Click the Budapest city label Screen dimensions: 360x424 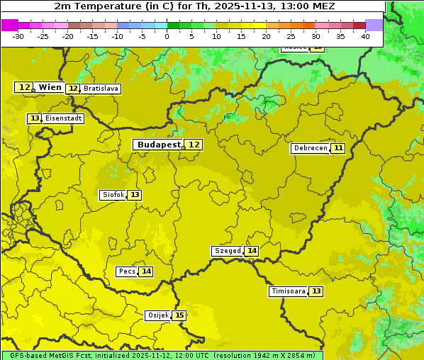coord(159,145)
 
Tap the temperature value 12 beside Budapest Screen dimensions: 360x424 coord(194,145)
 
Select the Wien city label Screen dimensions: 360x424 coord(50,87)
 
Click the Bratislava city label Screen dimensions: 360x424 coord(100,89)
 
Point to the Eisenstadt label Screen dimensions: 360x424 coord(63,118)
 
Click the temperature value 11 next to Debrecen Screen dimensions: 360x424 coord(338,148)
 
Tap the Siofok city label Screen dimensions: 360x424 coord(113,195)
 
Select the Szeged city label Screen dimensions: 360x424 coord(228,251)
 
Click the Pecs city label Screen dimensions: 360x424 coord(127,271)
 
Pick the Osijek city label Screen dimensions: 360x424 coord(157,315)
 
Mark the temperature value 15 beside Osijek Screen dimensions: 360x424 coord(179,315)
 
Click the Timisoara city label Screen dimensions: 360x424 coord(289,291)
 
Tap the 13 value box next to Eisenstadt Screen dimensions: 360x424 coord(35,118)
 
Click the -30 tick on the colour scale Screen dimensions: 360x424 coord(18,36)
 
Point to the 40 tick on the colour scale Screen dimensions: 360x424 coord(365,36)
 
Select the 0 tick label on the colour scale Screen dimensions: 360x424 coord(167,36)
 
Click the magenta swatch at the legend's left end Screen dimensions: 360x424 coord(9,25)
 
